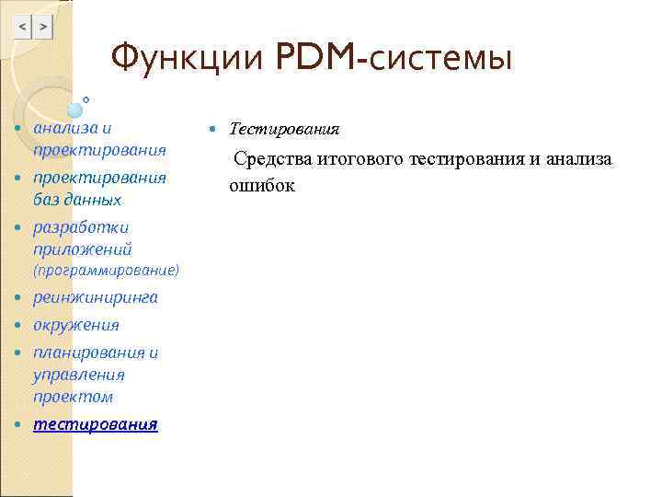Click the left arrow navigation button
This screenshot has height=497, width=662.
22,29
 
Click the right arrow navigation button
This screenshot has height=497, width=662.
42,29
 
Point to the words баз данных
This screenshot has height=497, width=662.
77,200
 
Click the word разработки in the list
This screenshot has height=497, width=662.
81,227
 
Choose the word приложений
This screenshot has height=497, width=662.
83,249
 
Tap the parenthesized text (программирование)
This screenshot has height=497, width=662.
106,272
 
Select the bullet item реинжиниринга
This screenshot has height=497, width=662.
96,298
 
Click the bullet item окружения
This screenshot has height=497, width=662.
76,325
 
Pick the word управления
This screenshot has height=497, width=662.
79,375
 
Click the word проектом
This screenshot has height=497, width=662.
74,397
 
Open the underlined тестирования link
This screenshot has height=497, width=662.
96,424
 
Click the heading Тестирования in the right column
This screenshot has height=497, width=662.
284,129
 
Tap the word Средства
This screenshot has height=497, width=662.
274,159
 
